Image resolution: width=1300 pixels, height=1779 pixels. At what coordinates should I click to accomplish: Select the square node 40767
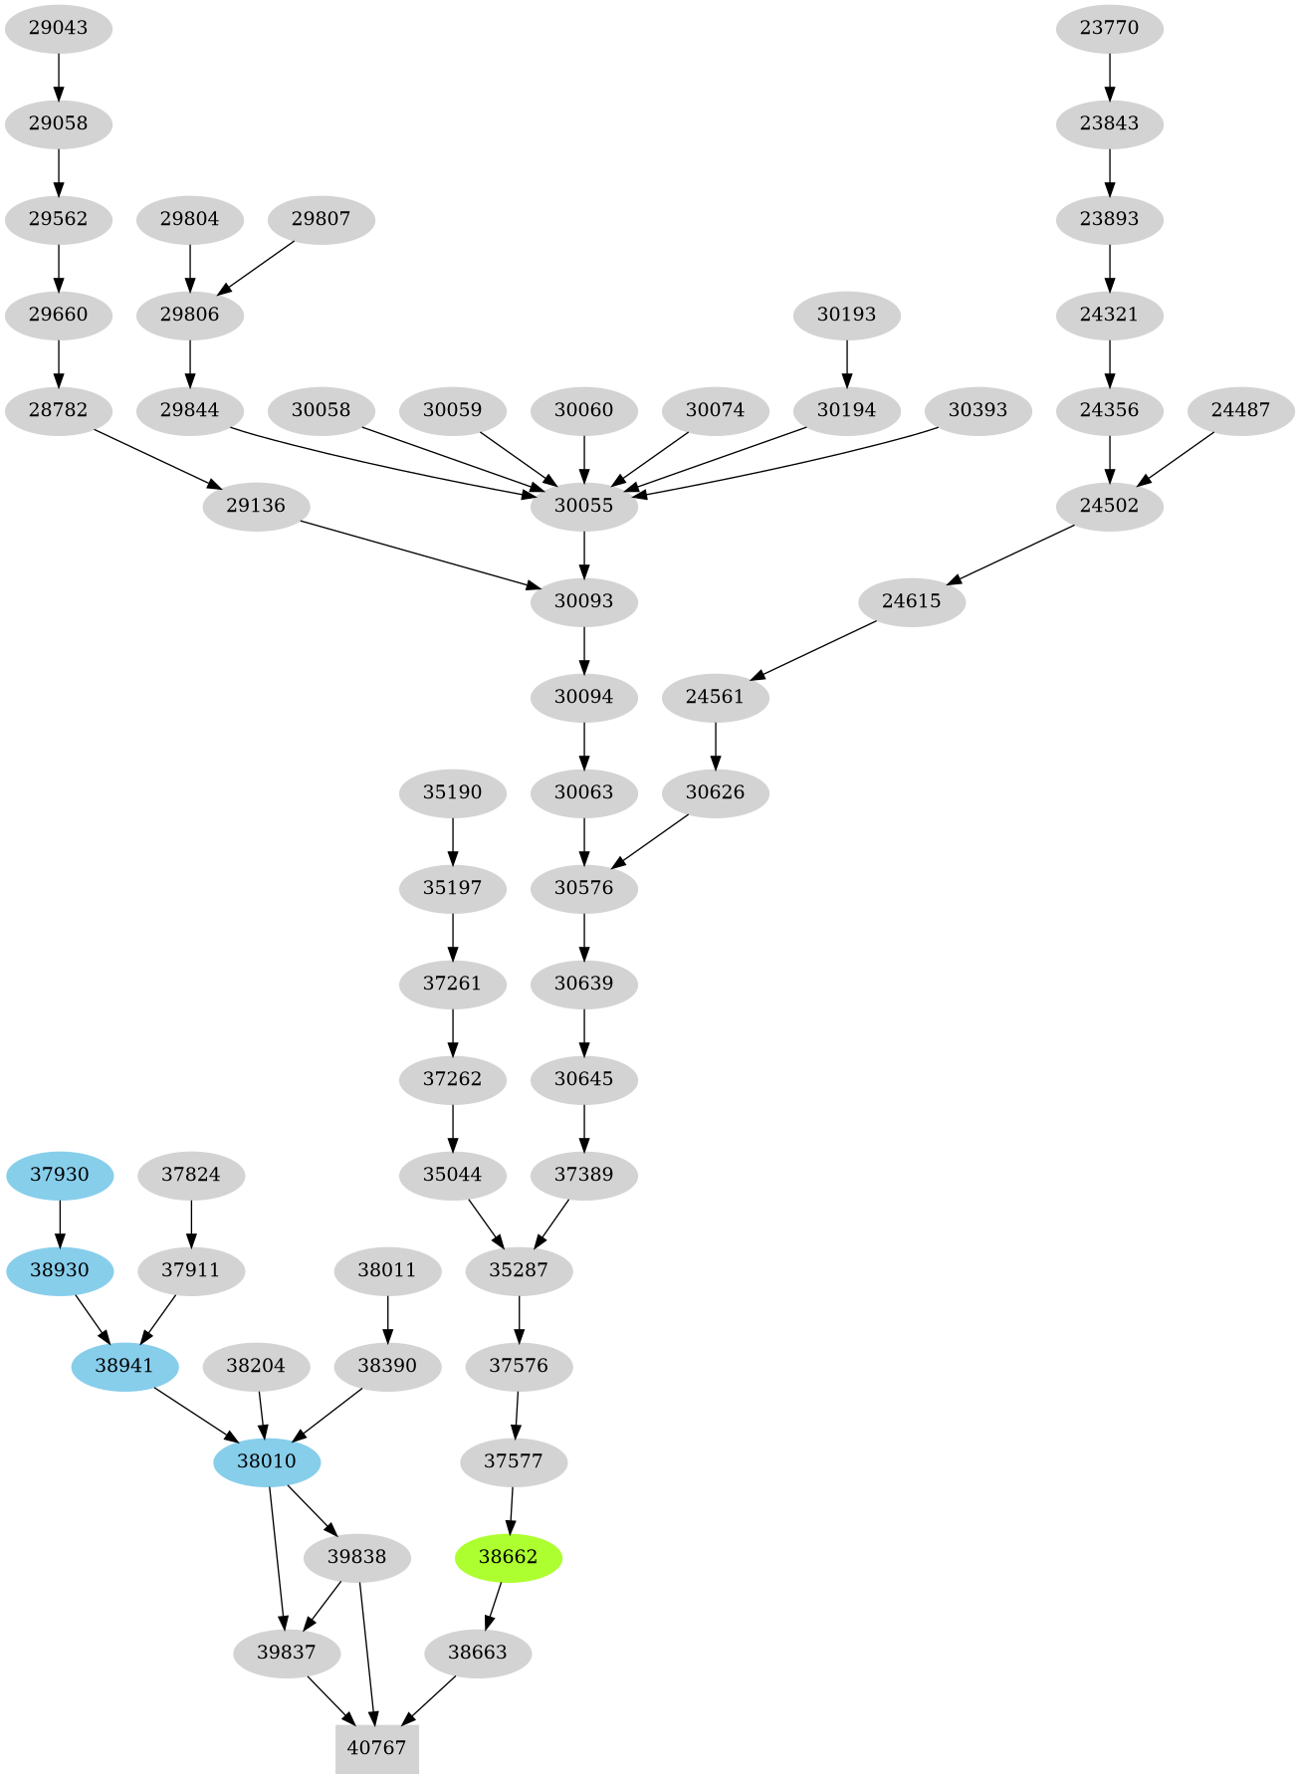click(x=376, y=1749)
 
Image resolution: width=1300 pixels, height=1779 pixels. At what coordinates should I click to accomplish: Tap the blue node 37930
click(x=60, y=1175)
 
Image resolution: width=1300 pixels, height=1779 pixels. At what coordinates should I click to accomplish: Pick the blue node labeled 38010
click(x=267, y=1461)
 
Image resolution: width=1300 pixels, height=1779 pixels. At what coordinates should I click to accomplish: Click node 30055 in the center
click(x=583, y=506)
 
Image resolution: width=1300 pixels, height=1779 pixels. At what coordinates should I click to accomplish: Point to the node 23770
click(x=1109, y=28)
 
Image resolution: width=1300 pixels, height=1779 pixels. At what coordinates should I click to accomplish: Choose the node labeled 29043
click(x=58, y=28)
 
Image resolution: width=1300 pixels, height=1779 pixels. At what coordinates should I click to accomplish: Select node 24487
click(x=1240, y=410)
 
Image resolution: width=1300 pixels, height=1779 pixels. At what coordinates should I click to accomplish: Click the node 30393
click(x=977, y=410)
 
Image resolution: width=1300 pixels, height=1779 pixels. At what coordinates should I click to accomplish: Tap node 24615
click(x=911, y=601)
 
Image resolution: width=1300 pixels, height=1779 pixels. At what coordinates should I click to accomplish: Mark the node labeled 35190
click(x=452, y=792)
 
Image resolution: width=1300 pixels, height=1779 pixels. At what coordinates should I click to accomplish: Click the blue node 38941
click(x=124, y=1366)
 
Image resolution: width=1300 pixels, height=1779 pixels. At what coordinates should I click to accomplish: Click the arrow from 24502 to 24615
click(x=1010, y=554)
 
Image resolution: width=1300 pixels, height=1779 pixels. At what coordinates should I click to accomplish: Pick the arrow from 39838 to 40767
click(x=366, y=1653)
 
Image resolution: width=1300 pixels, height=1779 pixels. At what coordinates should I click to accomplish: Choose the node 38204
click(x=256, y=1366)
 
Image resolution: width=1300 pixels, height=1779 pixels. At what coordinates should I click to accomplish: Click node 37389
click(x=583, y=1175)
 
